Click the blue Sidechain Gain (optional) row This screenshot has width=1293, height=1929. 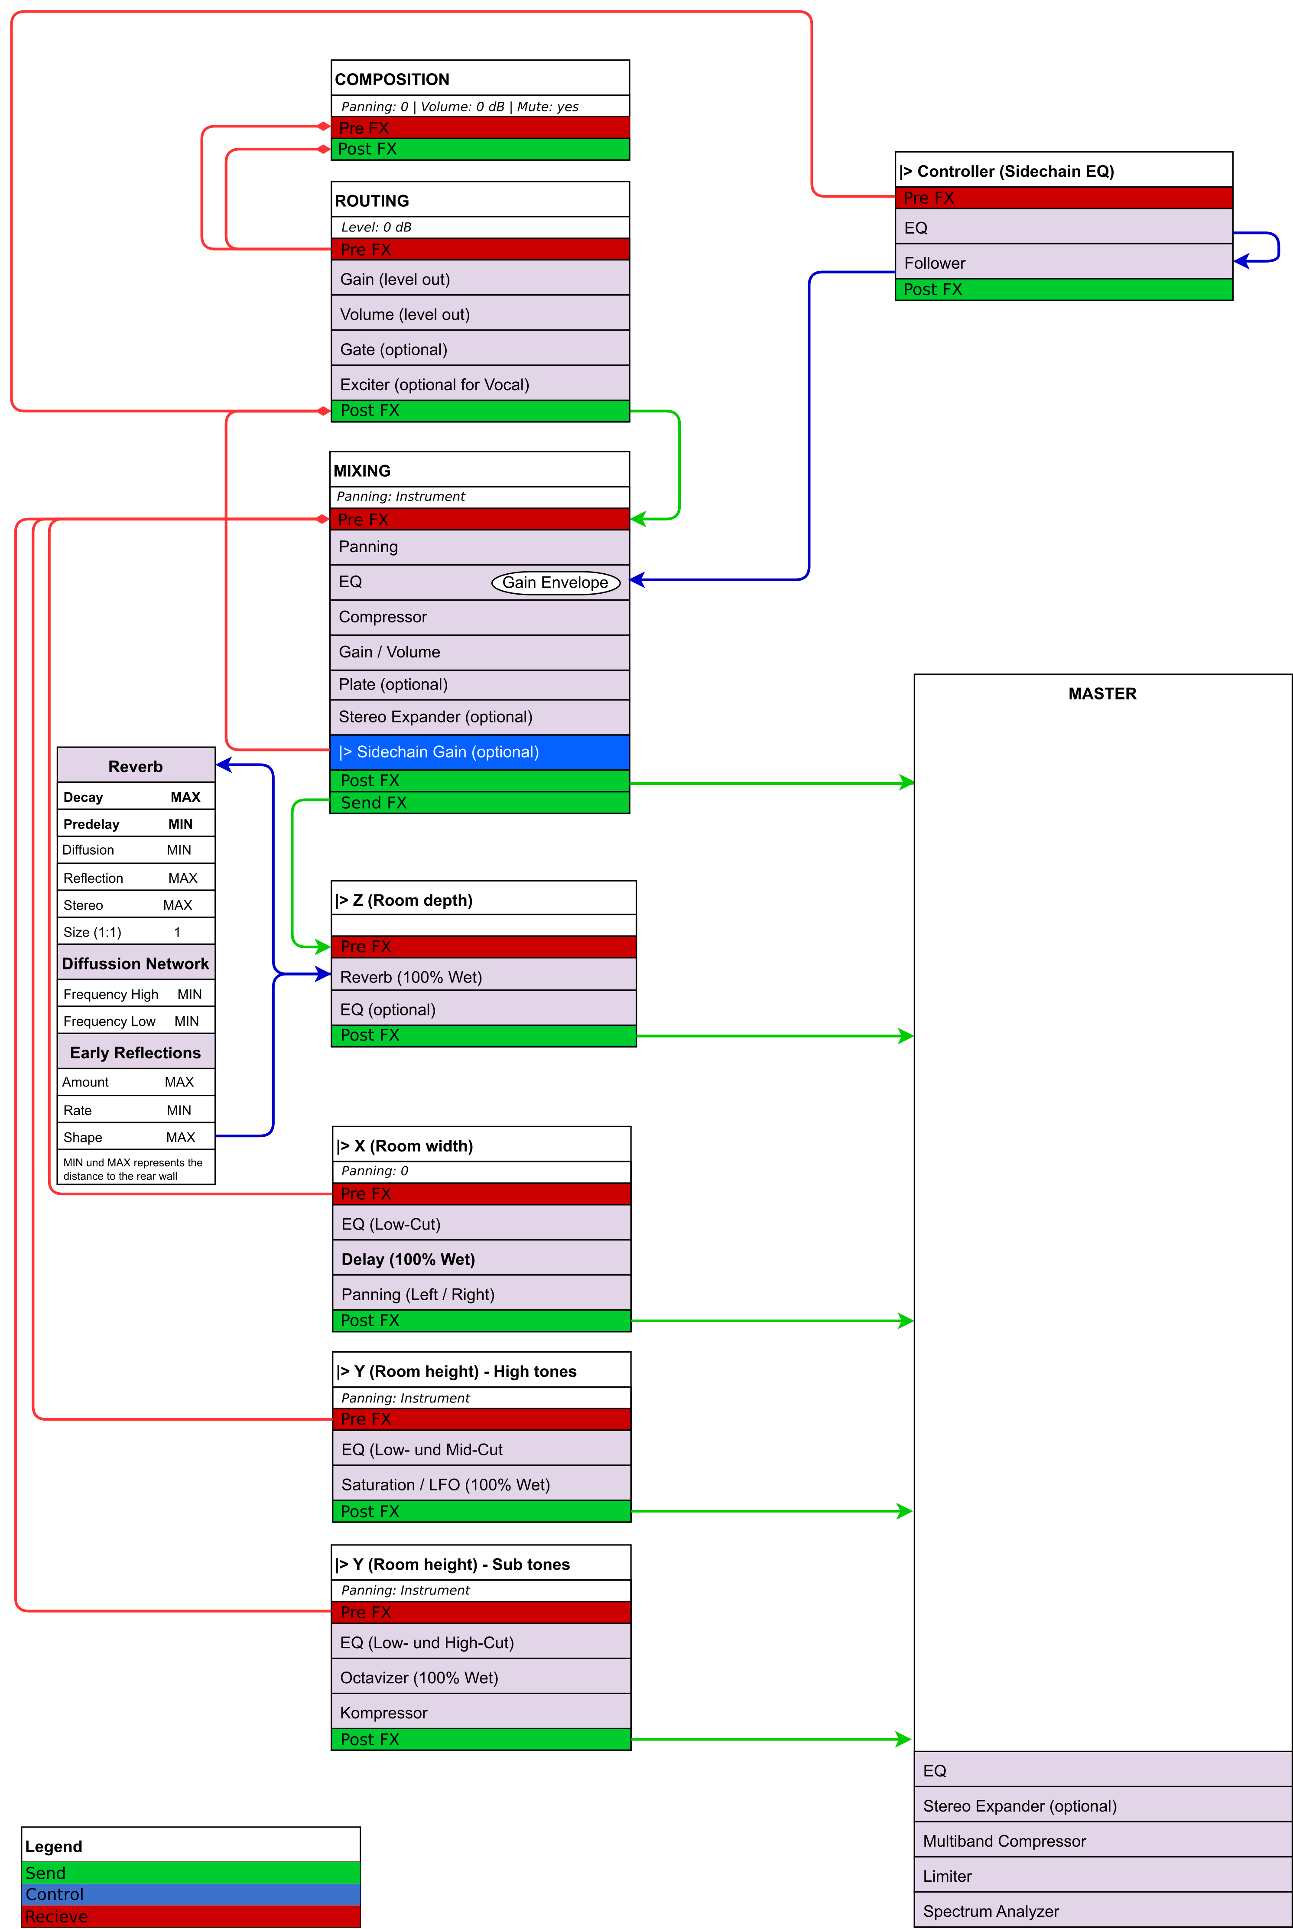(x=480, y=752)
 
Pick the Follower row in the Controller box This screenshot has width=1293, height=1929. (x=1064, y=262)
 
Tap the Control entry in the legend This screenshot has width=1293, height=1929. (x=191, y=1894)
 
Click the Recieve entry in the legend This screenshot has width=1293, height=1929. (x=191, y=1916)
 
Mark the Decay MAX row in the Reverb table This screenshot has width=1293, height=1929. (x=136, y=797)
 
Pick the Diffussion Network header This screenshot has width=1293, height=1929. (x=136, y=963)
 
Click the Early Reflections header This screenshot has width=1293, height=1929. (x=136, y=1052)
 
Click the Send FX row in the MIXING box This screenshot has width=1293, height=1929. (x=480, y=803)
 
